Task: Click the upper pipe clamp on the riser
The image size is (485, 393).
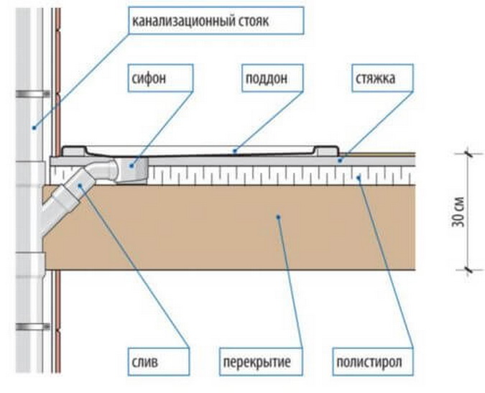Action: coord(32,93)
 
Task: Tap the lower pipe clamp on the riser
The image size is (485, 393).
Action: coord(32,327)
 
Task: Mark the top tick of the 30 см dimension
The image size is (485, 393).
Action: coord(468,152)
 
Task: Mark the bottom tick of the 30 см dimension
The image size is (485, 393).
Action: coord(468,269)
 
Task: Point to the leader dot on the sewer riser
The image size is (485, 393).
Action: coord(32,127)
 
